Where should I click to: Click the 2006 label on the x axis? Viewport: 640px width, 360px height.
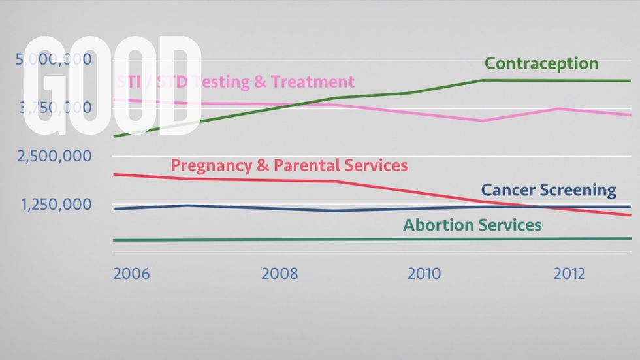click(x=131, y=273)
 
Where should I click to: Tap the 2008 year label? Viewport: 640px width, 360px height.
click(x=280, y=273)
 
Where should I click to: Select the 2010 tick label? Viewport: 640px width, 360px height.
click(x=424, y=273)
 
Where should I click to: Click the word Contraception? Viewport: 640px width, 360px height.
click(x=541, y=63)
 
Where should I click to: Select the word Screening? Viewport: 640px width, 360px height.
click(x=577, y=191)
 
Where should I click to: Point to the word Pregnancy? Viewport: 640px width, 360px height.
click(x=211, y=166)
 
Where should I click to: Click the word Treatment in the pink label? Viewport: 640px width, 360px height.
click(x=313, y=82)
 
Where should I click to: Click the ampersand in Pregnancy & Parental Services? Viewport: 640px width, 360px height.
click(x=263, y=165)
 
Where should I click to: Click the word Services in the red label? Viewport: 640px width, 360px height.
click(x=374, y=165)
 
